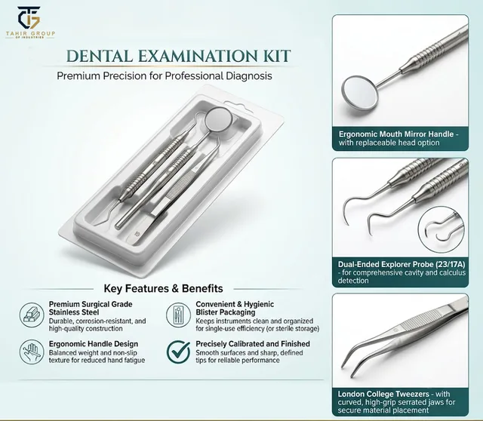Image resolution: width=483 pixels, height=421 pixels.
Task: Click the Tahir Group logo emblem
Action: (x=29, y=18)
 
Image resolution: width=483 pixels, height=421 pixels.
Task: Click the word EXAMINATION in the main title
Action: (x=197, y=56)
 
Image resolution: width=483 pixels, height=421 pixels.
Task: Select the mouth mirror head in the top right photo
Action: (x=360, y=93)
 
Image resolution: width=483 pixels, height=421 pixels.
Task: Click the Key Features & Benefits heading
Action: (x=163, y=288)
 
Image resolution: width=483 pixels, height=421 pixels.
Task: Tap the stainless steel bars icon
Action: (x=32, y=315)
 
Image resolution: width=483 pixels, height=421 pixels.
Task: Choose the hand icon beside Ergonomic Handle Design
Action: (x=32, y=352)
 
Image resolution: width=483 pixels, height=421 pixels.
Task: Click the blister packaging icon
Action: (x=178, y=315)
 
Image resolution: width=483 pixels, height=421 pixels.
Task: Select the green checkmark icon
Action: (x=179, y=352)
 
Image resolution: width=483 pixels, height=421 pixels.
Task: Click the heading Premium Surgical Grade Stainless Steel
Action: (x=91, y=309)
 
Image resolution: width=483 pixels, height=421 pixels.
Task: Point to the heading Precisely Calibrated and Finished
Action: (x=253, y=344)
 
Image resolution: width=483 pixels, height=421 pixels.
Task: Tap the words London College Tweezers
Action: (x=383, y=394)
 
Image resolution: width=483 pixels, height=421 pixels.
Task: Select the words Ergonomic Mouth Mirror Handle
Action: (x=396, y=134)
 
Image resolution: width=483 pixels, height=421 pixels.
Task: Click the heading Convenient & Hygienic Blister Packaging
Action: (x=235, y=309)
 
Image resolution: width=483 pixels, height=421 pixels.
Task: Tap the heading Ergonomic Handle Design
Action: (x=94, y=344)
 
